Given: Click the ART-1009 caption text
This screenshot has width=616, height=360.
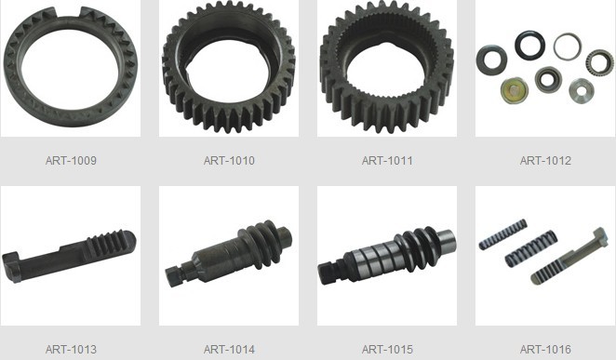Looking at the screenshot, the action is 71,161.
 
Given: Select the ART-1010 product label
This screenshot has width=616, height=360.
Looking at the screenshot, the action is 229,161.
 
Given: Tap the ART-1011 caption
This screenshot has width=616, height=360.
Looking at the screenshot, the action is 387,161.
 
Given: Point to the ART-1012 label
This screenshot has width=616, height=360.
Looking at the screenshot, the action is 545,161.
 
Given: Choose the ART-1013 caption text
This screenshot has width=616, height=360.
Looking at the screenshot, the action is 71,349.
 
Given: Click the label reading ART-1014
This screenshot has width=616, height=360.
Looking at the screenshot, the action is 229,349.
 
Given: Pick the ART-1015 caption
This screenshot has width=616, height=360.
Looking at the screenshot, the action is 387,349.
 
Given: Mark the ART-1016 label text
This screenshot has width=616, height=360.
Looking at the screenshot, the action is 545,349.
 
